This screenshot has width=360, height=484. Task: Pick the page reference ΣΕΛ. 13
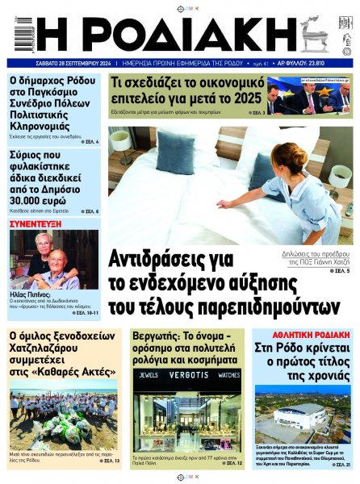tap(109, 461)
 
